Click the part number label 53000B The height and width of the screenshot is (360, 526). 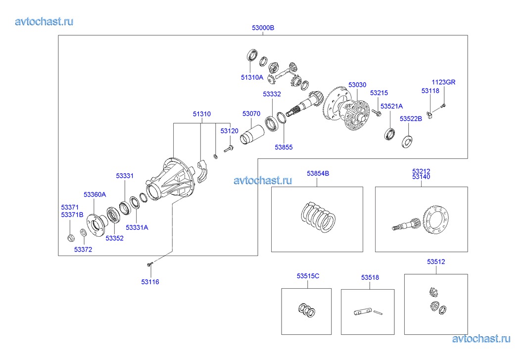tap(263, 28)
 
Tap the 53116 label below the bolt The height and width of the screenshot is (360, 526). tap(150, 282)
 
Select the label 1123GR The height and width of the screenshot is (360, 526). tap(443, 82)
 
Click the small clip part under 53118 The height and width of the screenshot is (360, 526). tap(430, 116)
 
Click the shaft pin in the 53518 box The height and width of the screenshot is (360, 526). tap(364, 311)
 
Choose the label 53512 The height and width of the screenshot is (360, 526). tap(436, 261)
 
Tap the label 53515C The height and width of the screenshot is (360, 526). tap(308, 276)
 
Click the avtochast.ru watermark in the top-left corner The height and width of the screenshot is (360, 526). tap(45, 21)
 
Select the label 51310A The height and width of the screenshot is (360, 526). tap(252, 77)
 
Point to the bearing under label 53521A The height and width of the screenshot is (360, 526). tap(389, 133)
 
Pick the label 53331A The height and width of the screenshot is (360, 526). tap(137, 228)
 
